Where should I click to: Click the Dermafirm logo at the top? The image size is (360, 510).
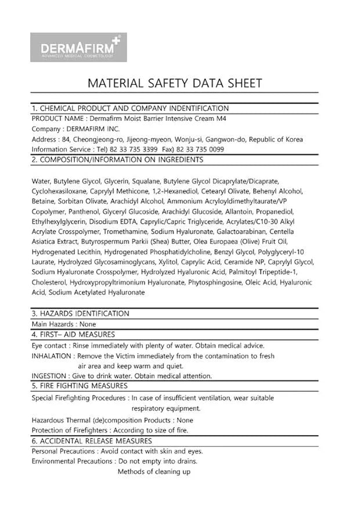[x=78, y=47]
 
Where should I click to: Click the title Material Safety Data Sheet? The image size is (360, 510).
[x=174, y=82]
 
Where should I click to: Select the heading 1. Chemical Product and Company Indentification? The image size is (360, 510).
[x=130, y=108]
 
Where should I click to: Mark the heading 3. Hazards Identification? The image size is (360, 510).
[x=81, y=314]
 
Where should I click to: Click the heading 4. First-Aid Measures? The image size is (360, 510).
[x=73, y=335]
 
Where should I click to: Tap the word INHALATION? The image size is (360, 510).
[x=52, y=355]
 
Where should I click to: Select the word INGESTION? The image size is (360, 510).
[x=49, y=376]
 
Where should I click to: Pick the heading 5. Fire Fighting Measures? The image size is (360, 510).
[x=80, y=386]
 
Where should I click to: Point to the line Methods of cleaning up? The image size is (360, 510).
[x=154, y=472]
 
